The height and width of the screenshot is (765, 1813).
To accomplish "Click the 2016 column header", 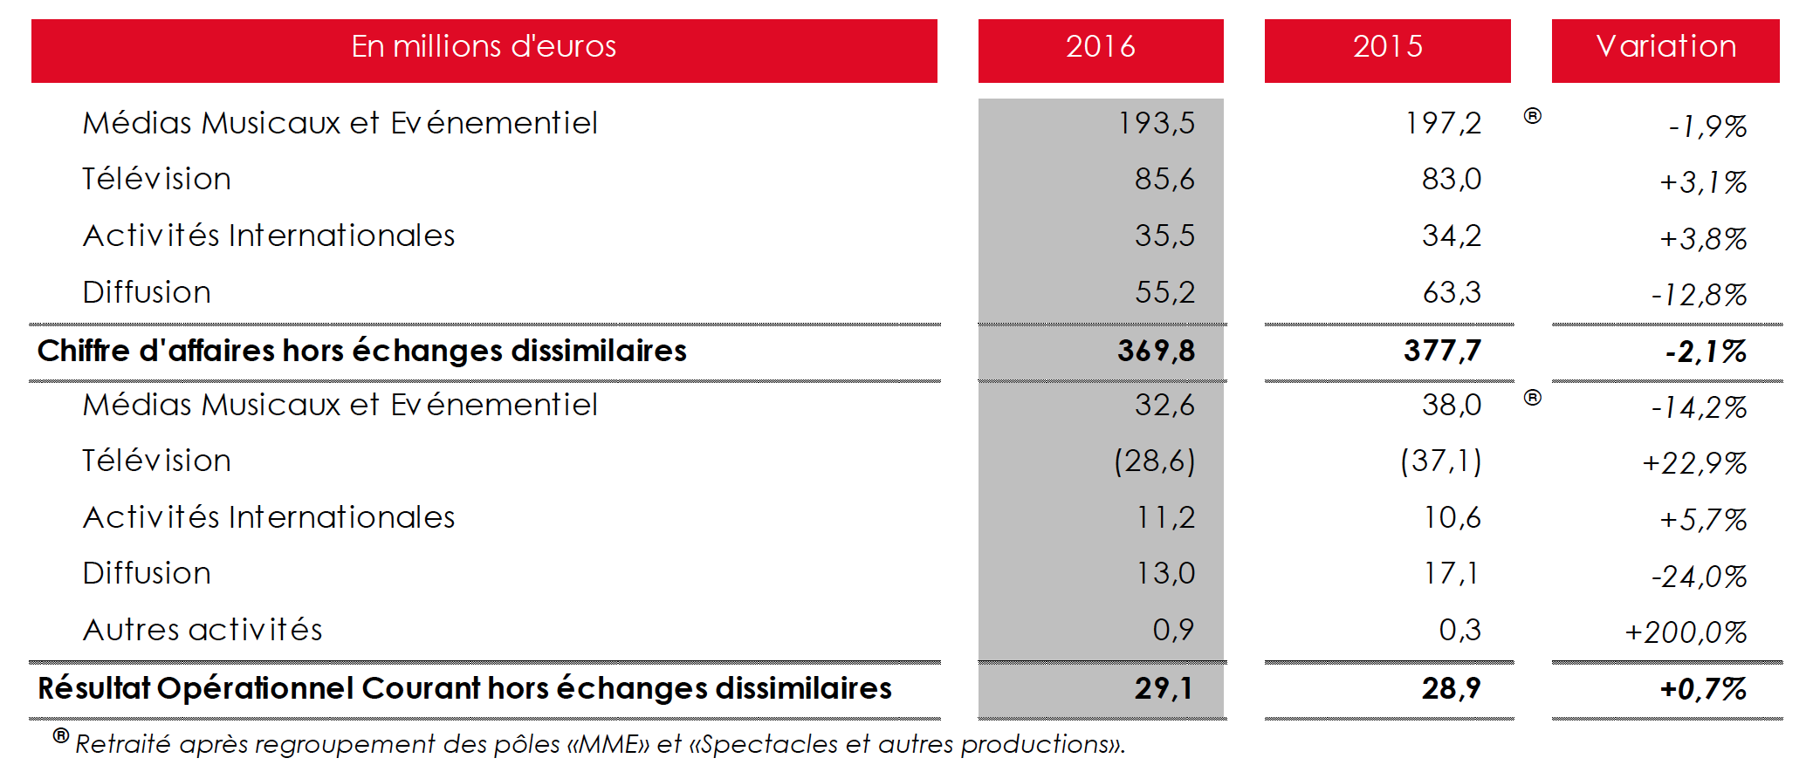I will [1100, 47].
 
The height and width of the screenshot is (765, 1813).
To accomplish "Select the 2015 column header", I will [1387, 47].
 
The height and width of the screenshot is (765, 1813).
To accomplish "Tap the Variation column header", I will [1665, 47].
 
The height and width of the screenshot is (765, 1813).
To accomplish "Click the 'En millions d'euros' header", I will [484, 47].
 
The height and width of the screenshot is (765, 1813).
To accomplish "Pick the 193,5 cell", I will [1156, 124].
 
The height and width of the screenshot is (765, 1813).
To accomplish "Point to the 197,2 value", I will [1443, 124].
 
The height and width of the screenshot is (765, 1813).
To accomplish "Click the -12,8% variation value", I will [1699, 295].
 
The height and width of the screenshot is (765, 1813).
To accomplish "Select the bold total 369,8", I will [1156, 351].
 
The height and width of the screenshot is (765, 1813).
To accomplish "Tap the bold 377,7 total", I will [1443, 351].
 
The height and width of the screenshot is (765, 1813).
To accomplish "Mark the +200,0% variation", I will [1686, 632].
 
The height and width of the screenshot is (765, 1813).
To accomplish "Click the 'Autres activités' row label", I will [203, 630].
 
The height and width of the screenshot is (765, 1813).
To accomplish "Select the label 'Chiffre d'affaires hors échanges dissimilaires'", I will [362, 351].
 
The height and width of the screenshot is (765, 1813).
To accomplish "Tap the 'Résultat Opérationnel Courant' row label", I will [464, 688].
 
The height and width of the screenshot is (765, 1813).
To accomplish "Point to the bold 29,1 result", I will [1164, 688].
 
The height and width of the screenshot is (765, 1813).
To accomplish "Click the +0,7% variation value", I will [1703, 689].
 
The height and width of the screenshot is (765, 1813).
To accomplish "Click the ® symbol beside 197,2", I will [1532, 115].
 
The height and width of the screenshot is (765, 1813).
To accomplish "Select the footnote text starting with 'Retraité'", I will [600, 744].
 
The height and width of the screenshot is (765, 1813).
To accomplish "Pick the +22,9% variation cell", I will [1694, 463].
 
